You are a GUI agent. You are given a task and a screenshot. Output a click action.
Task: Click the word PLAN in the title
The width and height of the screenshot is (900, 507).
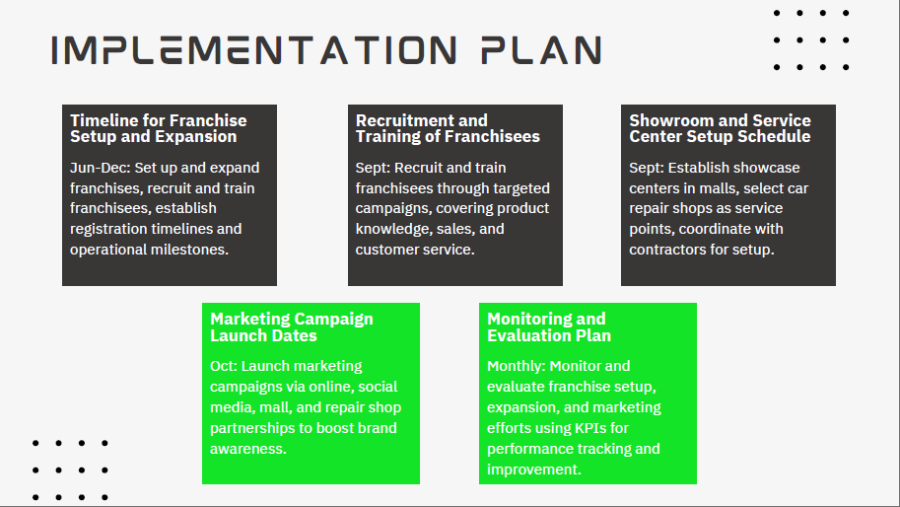541,50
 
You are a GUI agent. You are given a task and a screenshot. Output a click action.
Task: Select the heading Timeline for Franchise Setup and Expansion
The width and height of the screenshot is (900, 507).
159,128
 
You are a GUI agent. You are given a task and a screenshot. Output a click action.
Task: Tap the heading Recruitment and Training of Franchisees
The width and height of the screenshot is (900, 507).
448,128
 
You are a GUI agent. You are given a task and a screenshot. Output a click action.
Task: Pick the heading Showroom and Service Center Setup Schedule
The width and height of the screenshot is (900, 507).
720,128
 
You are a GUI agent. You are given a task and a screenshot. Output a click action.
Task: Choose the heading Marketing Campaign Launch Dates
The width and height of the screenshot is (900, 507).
292,326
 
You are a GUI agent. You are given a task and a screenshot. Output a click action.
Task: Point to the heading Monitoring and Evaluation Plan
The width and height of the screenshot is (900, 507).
549,326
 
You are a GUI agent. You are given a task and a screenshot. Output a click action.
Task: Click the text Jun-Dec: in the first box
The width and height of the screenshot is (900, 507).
101,168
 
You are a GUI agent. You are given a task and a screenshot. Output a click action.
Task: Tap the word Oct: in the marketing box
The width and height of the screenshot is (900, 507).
224,366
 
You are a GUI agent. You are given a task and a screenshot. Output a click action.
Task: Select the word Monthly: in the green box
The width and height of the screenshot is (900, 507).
517,366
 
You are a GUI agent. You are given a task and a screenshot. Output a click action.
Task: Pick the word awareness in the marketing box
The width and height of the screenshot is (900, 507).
248,449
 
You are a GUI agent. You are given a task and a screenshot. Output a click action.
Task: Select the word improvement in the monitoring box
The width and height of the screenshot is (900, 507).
534,470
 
